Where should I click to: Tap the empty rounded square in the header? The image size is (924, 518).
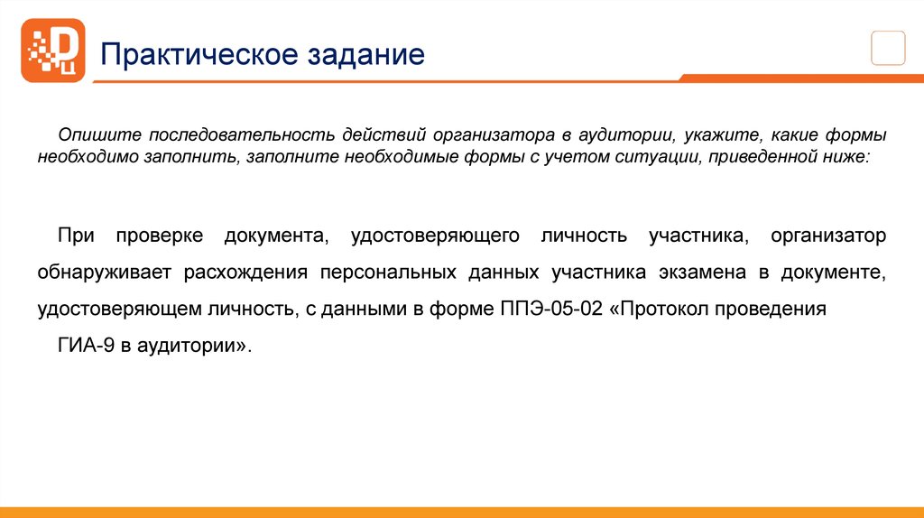(x=888, y=47)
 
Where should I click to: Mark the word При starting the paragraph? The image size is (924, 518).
(x=76, y=236)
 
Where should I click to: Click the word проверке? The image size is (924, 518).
(x=153, y=236)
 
